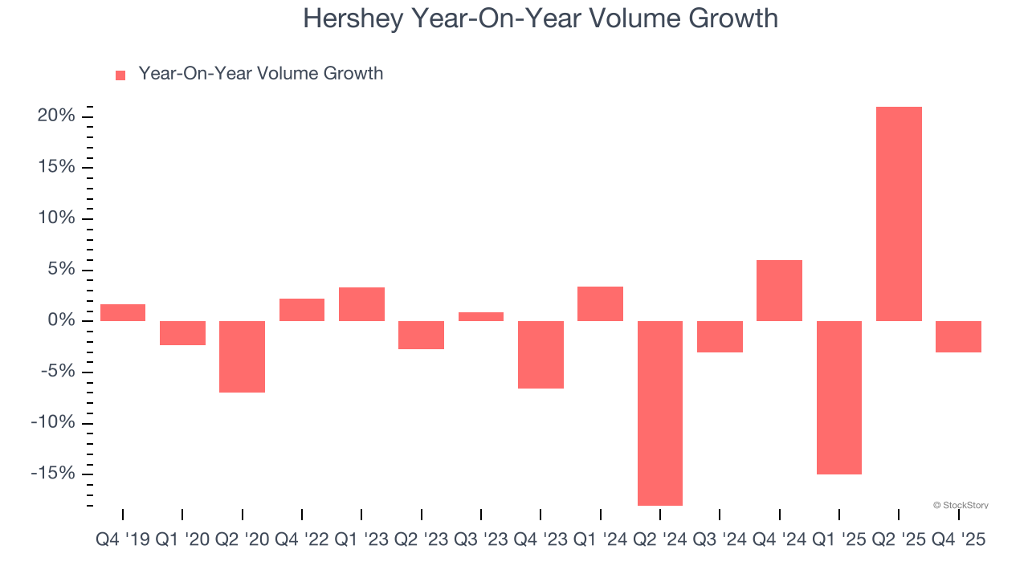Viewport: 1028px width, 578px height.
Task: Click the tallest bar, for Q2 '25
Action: (899, 214)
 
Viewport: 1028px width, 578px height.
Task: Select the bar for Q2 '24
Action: (660, 413)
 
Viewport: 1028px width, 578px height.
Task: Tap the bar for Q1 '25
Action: (839, 397)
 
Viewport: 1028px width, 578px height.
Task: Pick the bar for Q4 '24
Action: (779, 291)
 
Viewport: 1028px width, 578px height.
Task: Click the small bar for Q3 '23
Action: (481, 316)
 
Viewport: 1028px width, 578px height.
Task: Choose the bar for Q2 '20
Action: (243, 356)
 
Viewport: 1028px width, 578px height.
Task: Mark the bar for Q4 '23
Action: (541, 355)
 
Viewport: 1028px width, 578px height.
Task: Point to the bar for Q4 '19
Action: (123, 312)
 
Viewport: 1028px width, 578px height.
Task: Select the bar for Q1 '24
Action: (600, 303)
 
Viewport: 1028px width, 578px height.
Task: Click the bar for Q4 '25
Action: (958, 336)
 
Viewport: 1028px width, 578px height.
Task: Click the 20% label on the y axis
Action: (55, 116)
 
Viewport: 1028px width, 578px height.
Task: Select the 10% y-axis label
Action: (55, 218)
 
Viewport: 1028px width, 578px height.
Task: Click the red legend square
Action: (120, 75)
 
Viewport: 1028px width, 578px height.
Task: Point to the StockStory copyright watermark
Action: (961, 505)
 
